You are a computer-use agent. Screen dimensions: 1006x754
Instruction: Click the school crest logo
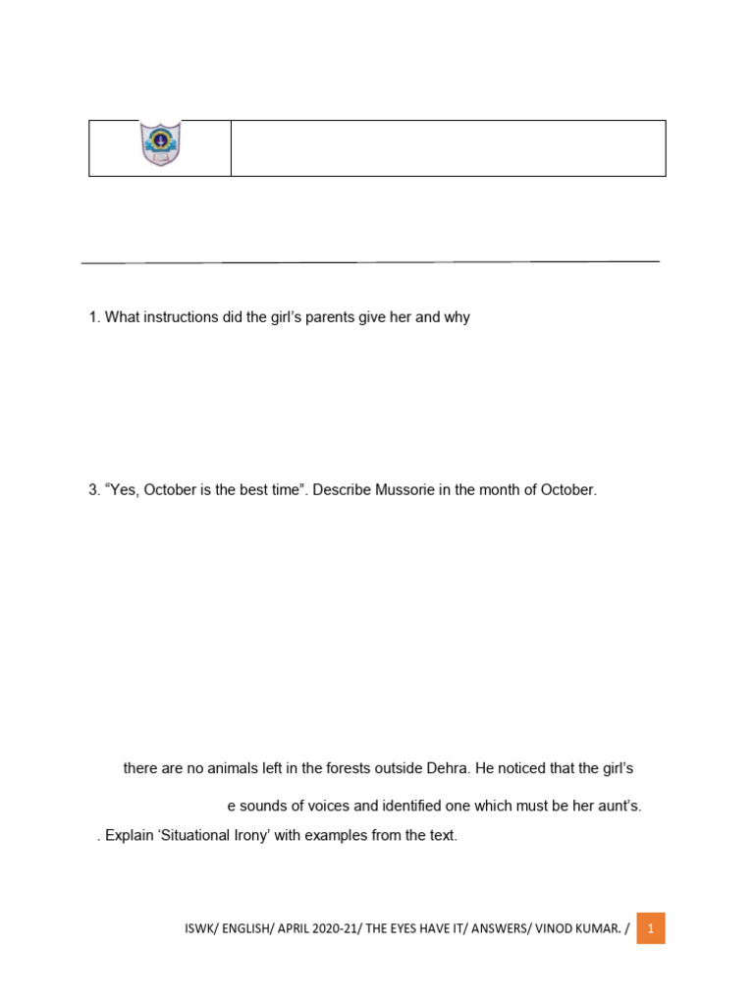point(160,144)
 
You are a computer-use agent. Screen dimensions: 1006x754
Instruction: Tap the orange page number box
point(650,928)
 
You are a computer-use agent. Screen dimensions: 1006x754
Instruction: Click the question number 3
point(93,489)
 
